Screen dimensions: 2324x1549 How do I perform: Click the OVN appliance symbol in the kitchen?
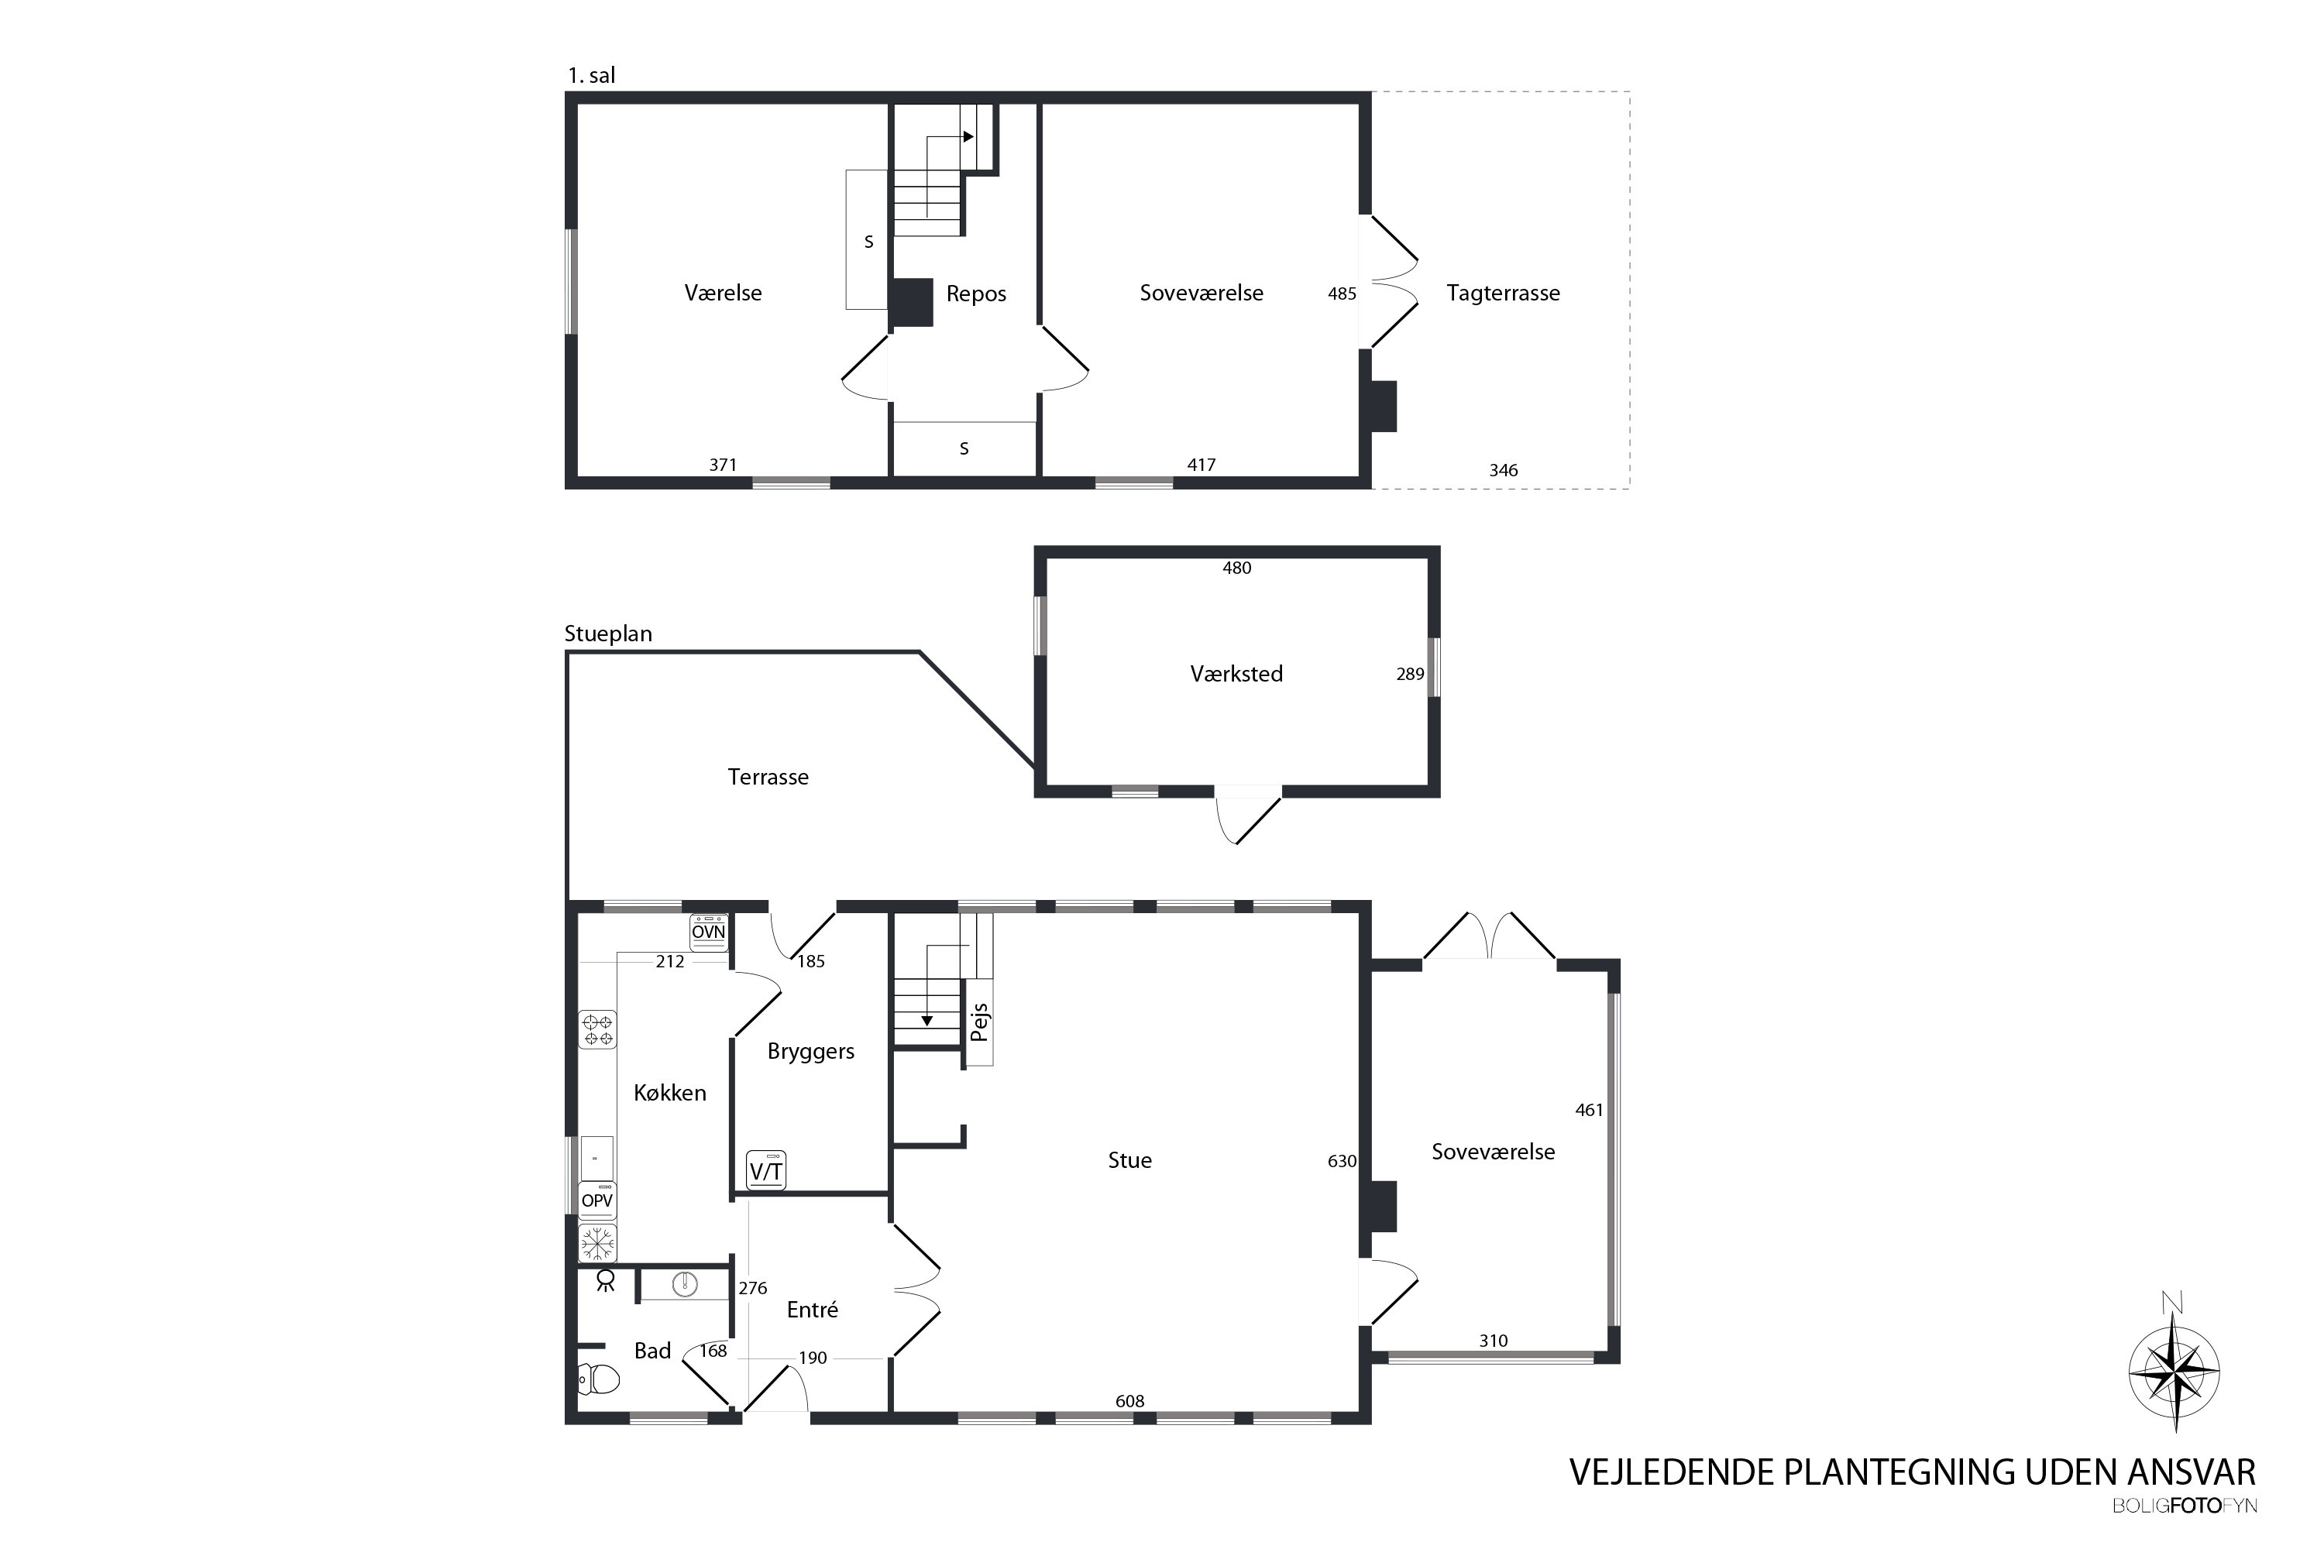click(709, 932)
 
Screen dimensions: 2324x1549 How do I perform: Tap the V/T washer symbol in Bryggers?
click(766, 1170)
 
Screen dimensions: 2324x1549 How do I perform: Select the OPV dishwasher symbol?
click(596, 1200)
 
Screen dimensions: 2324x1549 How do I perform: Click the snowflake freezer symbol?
click(596, 1243)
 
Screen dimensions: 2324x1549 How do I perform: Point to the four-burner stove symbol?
click(596, 1029)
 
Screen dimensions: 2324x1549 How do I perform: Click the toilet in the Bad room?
click(598, 1378)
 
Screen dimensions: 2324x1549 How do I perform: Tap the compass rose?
click(2174, 1370)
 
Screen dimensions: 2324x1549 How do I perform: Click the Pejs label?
click(979, 1022)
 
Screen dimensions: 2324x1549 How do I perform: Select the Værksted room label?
click(1236, 674)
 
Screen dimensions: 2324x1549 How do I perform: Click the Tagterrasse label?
click(1503, 294)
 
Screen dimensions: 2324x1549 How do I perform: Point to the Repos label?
click(976, 294)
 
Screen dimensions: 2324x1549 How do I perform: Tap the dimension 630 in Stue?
click(1342, 1161)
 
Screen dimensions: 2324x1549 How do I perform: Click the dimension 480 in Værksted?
click(1237, 568)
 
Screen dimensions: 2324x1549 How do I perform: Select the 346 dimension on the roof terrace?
click(1503, 470)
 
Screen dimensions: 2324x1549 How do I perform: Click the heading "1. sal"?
click(591, 75)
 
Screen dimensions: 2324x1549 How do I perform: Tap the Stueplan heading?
click(607, 634)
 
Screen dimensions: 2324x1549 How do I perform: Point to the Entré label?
click(812, 1310)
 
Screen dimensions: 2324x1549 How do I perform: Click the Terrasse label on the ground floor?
click(768, 778)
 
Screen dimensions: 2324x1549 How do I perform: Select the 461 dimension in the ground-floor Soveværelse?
click(1589, 1111)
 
